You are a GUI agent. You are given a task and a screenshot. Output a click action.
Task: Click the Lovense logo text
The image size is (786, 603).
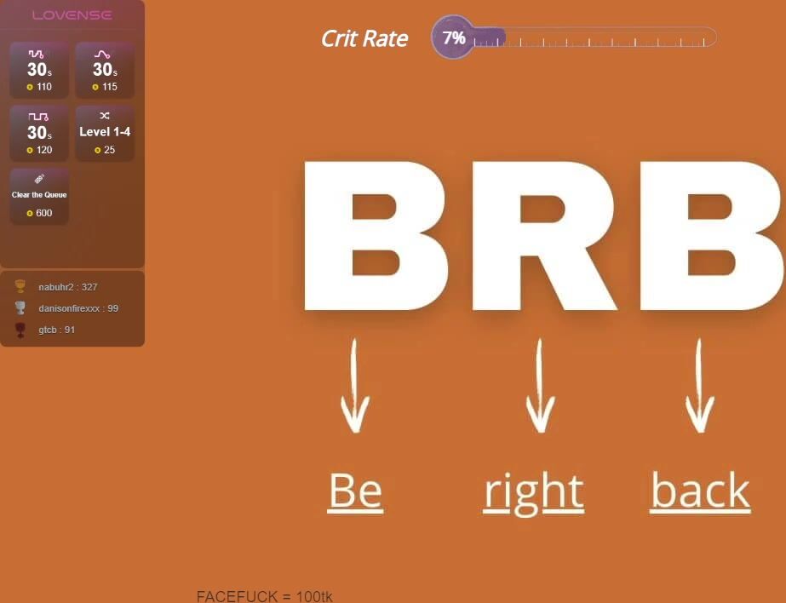72,15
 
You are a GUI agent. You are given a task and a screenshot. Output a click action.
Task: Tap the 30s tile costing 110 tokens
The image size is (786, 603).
39,70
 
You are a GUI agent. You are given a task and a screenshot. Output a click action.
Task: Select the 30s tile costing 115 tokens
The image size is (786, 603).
105,70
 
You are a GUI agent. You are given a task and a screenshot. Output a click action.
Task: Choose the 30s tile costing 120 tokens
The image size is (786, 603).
39,134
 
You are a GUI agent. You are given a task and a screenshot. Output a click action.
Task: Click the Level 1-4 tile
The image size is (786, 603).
105,134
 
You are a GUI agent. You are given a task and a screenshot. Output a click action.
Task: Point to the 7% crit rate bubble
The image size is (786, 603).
453,37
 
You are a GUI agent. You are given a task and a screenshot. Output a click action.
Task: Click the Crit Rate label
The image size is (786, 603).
364,38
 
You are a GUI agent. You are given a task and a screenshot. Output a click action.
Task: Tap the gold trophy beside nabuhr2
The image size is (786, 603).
20,286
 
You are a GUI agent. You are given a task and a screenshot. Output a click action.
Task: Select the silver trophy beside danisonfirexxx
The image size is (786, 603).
20,307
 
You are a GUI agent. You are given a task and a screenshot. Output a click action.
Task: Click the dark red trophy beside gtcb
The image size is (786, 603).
20,330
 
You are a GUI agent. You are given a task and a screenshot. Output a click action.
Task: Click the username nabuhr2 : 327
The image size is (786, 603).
67,287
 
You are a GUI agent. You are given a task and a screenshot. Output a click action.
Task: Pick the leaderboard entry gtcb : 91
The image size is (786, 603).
57,330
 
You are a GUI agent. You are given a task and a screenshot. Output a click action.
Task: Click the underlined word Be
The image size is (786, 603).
355,491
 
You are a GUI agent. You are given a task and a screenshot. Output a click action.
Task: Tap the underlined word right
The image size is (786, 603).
534,493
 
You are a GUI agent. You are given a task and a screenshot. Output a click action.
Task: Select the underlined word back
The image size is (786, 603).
700,491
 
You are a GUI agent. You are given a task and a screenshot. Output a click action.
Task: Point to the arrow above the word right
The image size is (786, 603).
540,386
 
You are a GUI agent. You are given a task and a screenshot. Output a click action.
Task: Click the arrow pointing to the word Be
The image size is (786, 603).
355,386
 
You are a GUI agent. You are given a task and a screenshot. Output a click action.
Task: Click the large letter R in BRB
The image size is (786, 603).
544,236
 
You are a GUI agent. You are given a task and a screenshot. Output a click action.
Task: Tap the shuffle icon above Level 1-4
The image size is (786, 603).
104,116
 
